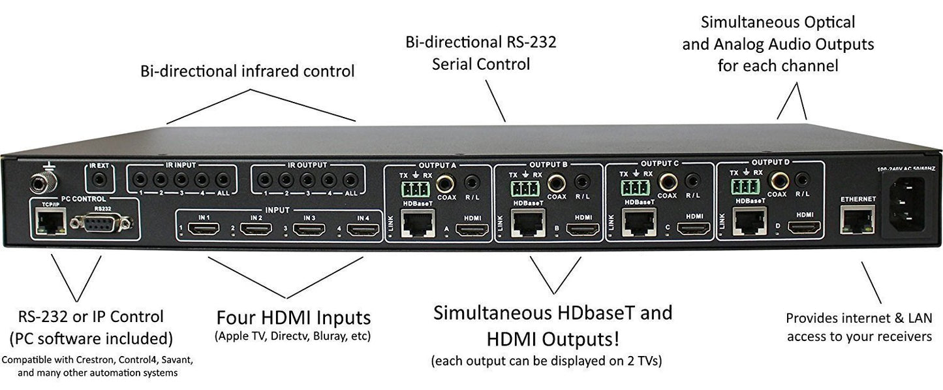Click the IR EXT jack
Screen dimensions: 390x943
click(100, 179)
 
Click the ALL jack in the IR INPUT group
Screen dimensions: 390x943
click(222, 179)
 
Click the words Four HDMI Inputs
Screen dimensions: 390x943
click(294, 318)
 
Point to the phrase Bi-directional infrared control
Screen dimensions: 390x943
click(247, 71)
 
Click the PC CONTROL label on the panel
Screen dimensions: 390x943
click(84, 198)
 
